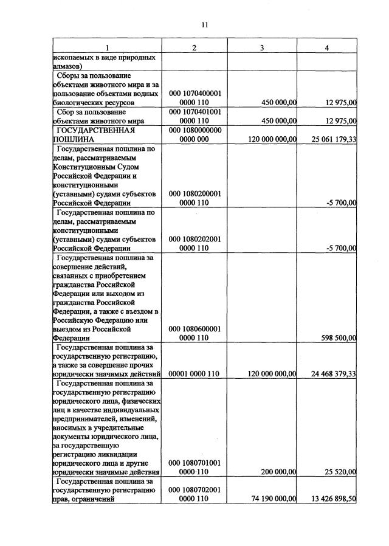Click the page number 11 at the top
[204, 25]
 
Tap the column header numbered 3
[261, 47]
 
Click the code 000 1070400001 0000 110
[194, 98]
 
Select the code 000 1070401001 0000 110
[194, 116]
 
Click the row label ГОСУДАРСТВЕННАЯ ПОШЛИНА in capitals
[94, 134]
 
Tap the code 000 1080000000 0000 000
[194, 134]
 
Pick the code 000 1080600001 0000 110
[194, 333]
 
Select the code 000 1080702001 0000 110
[194, 494]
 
